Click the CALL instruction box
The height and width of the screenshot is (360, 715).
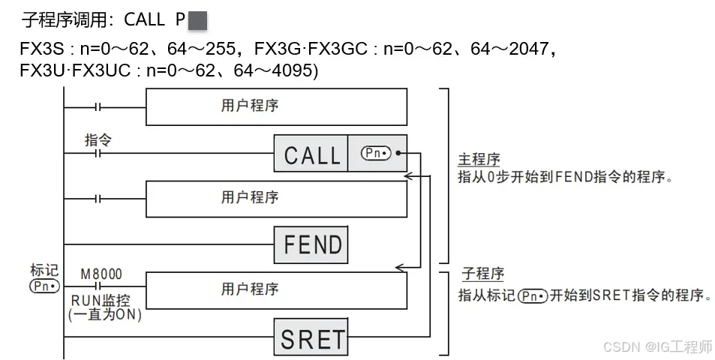tap(311, 154)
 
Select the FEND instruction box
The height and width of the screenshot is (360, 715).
tap(311, 244)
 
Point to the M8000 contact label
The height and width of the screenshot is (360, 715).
tap(101, 274)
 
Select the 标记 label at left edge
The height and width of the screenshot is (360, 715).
tap(44, 271)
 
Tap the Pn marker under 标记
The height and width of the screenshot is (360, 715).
tap(44, 286)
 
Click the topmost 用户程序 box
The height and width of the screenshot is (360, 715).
tap(276, 106)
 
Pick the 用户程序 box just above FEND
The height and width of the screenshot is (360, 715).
tap(276, 199)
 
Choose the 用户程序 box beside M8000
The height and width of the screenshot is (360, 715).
tap(276, 289)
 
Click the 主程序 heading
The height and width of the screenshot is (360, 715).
tap(479, 160)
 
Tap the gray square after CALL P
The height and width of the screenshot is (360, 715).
tap(197, 20)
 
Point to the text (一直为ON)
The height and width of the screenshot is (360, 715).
tap(104, 316)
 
